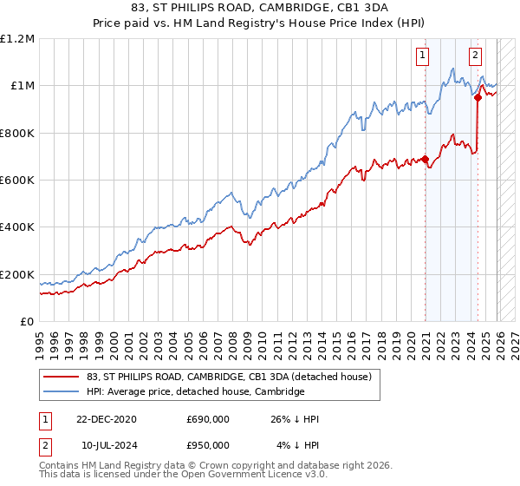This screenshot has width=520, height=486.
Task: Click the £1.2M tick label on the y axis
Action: pos(18,38)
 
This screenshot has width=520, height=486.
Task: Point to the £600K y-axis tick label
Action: pos(17,181)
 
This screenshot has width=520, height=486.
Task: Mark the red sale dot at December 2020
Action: pos(426,159)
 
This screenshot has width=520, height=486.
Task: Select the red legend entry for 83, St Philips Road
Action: pos(229,377)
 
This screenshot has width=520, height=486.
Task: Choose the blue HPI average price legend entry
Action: pos(195,392)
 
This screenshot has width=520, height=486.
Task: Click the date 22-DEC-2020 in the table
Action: pos(107,419)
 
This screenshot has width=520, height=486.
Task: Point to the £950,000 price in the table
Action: pos(207,445)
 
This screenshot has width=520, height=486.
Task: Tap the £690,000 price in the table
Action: pos(207,419)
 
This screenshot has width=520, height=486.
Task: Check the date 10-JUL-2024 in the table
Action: pos(107,445)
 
